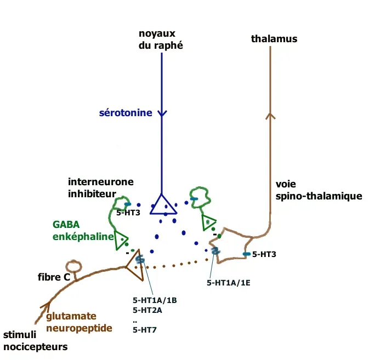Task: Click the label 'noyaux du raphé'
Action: point(161,41)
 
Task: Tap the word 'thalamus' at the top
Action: point(274,38)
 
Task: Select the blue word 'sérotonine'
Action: point(125,113)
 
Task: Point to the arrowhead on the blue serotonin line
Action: point(162,113)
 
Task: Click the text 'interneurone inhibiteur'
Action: point(100,187)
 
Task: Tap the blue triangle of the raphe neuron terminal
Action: point(163,204)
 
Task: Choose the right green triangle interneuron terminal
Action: point(208,222)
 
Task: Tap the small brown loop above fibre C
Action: point(73,266)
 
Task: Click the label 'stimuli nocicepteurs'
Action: point(35,340)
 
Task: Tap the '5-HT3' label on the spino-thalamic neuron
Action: point(264,254)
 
